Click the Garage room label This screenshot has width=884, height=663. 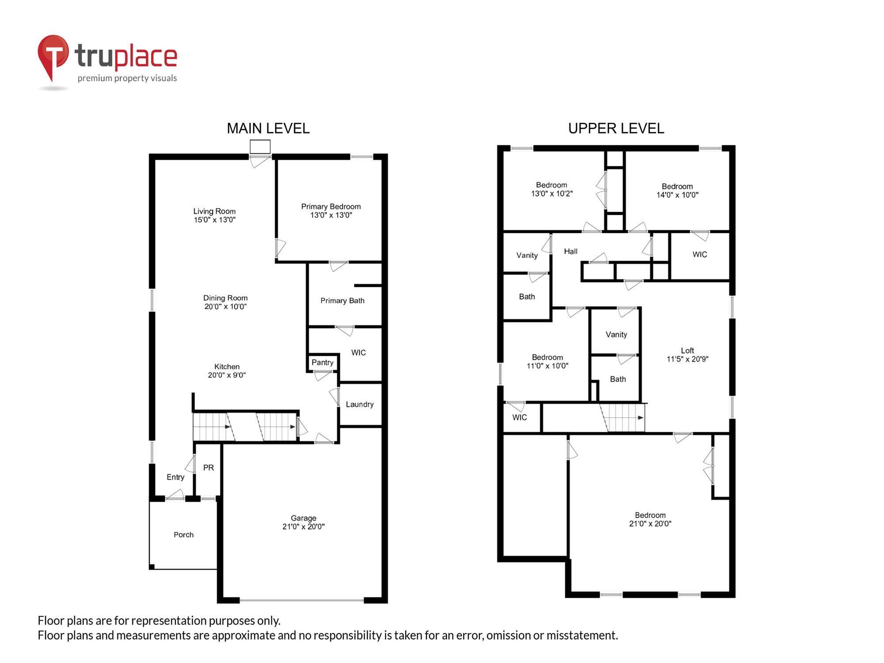pyautogui.click(x=303, y=518)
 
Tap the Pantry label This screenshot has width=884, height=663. pyautogui.click(x=322, y=362)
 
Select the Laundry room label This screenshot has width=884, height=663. pyautogui.click(x=359, y=404)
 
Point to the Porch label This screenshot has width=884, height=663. pyautogui.click(x=183, y=535)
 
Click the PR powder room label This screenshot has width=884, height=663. pyautogui.click(x=208, y=468)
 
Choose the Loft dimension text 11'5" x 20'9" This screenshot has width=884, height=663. pyautogui.click(x=687, y=359)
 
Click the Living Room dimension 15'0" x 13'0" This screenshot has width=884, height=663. pyautogui.click(x=214, y=220)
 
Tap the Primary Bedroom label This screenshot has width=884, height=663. pyautogui.click(x=331, y=207)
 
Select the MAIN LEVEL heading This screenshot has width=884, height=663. pyautogui.click(x=268, y=129)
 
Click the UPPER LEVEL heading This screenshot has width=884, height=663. pyautogui.click(x=616, y=129)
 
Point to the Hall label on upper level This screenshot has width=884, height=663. pyautogui.click(x=570, y=251)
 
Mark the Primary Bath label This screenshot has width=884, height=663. pyautogui.click(x=342, y=301)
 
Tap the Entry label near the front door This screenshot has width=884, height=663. pyautogui.click(x=175, y=477)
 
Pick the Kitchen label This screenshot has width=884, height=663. pyautogui.click(x=227, y=367)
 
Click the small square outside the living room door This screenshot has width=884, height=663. pyautogui.click(x=260, y=147)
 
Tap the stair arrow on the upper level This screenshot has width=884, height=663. pyautogui.click(x=640, y=418)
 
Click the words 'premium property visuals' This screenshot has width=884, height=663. pyautogui.click(x=127, y=79)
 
